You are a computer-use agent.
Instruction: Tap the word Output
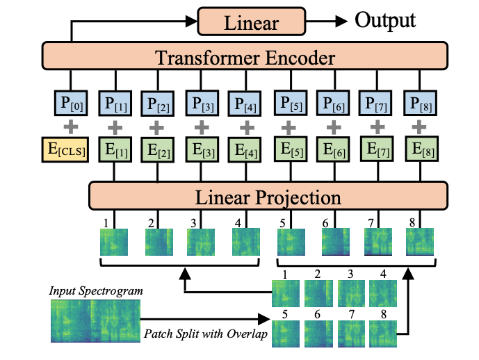pyautogui.click(x=385, y=20)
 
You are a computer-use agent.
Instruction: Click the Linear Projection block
pyautogui.click(x=268, y=197)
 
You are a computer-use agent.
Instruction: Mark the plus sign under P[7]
pyautogui.click(x=376, y=128)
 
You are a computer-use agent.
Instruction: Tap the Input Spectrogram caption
pyautogui.click(x=97, y=289)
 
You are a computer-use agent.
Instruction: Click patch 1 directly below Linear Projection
pyautogui.click(x=114, y=243)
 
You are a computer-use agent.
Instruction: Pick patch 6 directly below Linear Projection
pyautogui.click(x=336, y=243)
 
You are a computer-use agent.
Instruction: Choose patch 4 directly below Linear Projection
pyautogui.click(x=247, y=243)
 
